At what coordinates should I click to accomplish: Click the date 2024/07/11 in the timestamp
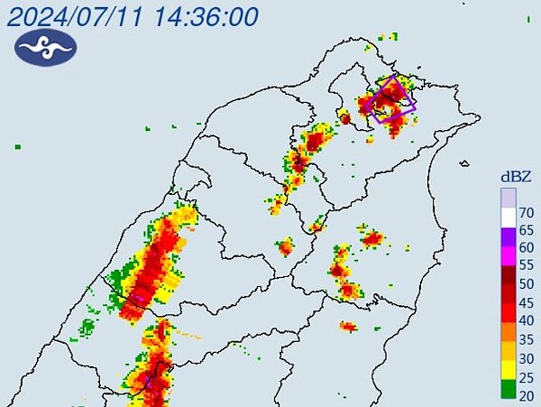76,16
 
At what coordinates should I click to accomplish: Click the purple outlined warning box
392,99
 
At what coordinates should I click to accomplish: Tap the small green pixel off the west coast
17,145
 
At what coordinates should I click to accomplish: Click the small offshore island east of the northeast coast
463,163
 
